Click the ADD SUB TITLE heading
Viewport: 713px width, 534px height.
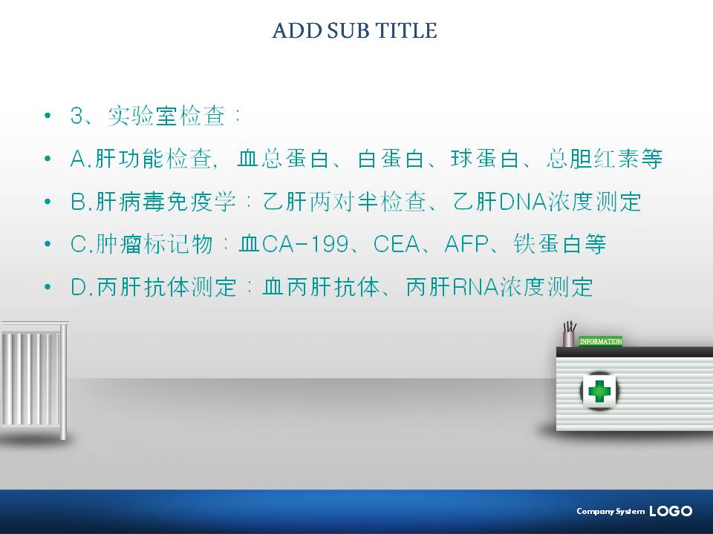[x=355, y=30]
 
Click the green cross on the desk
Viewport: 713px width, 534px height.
[x=599, y=391]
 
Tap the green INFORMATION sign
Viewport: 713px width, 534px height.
[x=601, y=341]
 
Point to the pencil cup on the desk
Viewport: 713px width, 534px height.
[x=569, y=334]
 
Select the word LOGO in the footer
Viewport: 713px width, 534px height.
[x=671, y=511]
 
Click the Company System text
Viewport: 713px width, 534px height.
[x=611, y=511]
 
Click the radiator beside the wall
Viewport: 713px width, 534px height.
[x=35, y=380]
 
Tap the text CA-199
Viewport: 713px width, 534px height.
[x=305, y=244]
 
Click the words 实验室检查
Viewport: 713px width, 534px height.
[x=166, y=116]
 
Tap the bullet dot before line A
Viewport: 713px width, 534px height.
[x=48, y=159]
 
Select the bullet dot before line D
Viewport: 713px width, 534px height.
[x=48, y=287]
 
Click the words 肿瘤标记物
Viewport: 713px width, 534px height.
[x=154, y=244]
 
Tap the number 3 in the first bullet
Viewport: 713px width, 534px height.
[x=76, y=116]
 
